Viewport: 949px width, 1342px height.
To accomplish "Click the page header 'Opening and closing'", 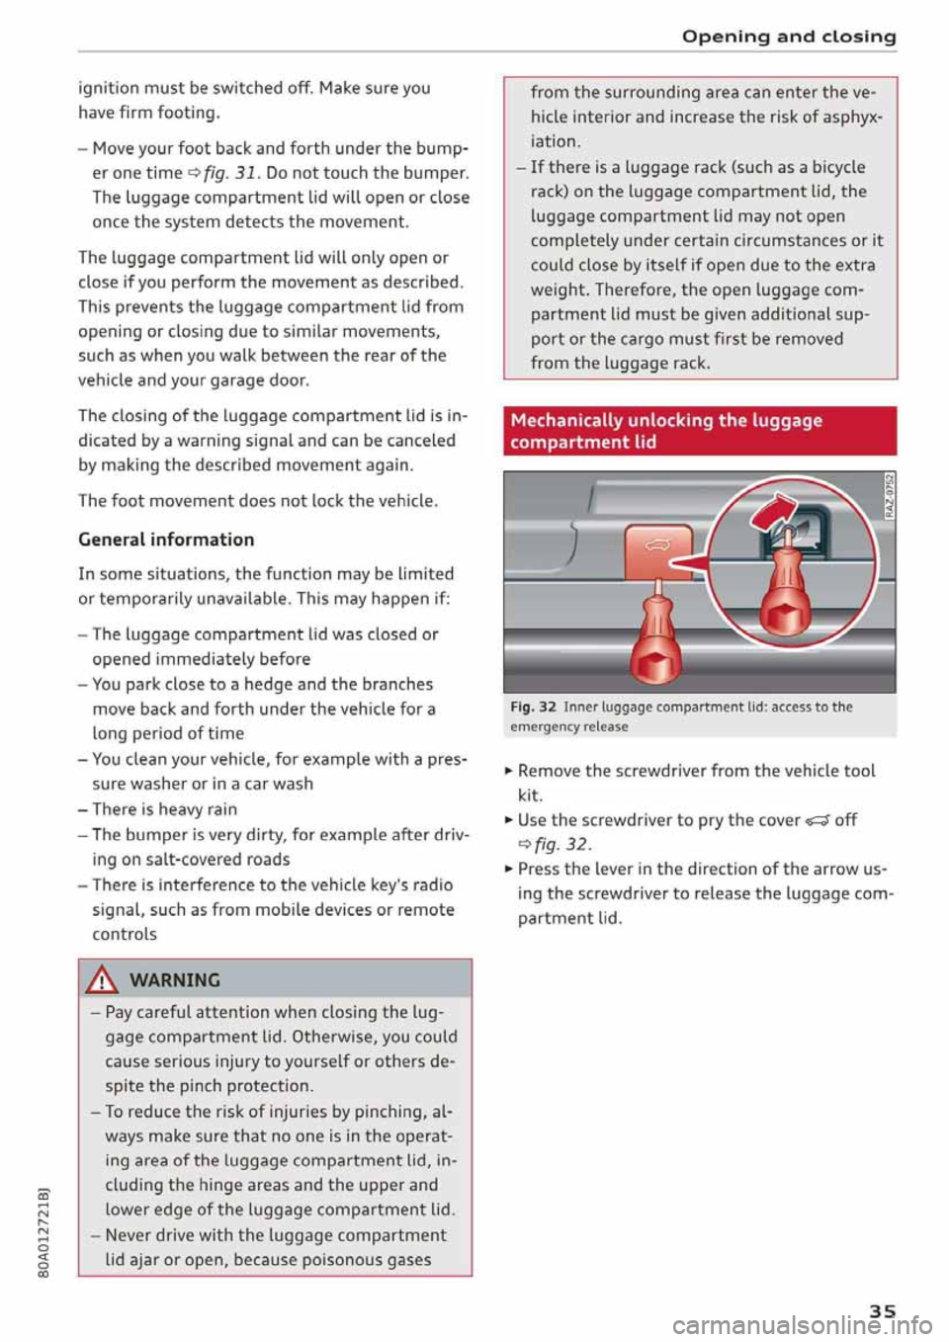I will tap(789, 37).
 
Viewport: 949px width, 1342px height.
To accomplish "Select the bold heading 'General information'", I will tap(166, 540).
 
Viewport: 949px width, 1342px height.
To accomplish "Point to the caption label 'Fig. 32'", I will tap(533, 707).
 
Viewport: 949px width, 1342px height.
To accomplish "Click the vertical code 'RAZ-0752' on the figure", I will tap(889, 496).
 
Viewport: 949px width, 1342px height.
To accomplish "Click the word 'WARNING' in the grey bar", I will tap(174, 980).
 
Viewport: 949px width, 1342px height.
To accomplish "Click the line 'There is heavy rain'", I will tap(164, 808).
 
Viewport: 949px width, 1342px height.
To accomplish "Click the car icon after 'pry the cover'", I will tap(818, 820).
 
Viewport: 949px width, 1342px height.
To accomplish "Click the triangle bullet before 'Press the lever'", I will tap(509, 869).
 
